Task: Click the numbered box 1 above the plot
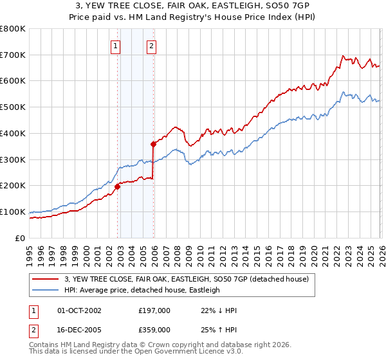[115, 46]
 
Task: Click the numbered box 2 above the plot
[151, 46]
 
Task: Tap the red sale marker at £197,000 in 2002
[118, 186]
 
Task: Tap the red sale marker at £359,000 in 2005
[154, 144]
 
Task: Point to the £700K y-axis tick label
[13, 55]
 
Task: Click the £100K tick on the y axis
[13, 212]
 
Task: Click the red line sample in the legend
[47, 279]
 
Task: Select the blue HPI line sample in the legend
[47, 290]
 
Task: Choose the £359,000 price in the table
[154, 329]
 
